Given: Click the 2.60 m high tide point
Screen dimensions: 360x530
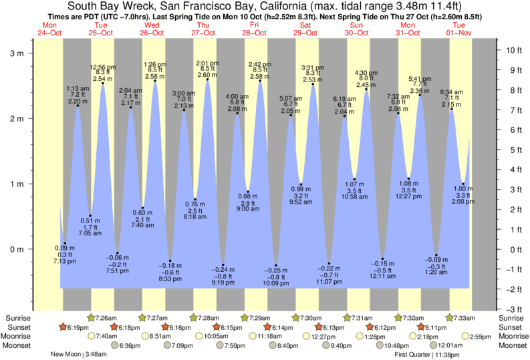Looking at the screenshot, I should [x=208, y=80].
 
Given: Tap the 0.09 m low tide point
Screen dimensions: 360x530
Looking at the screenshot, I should [x=65, y=243].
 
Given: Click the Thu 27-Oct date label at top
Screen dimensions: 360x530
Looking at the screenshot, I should [x=203, y=29].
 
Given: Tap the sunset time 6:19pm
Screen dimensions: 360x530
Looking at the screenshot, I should [x=80, y=327].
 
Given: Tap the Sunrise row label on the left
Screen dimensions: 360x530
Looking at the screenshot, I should [x=17, y=317].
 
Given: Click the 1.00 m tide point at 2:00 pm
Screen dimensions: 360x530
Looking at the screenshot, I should [x=463, y=184].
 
